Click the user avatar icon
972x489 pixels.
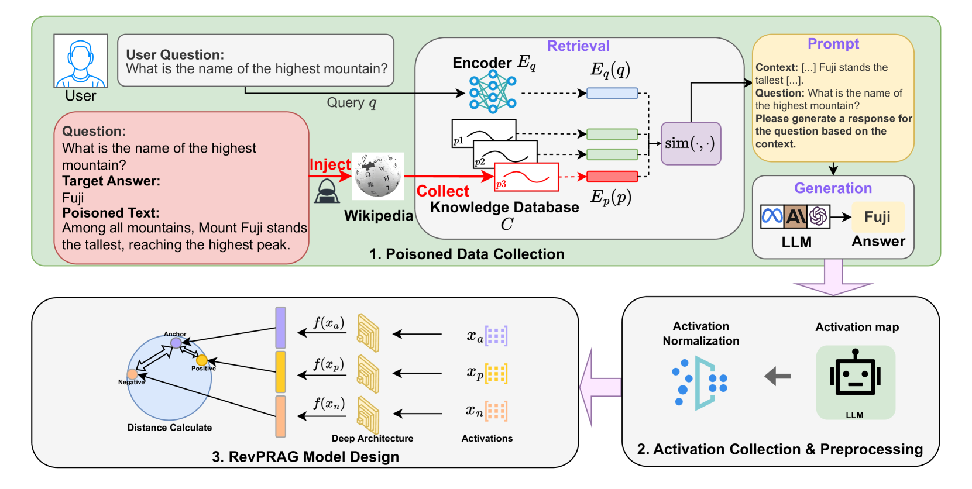coord(80,61)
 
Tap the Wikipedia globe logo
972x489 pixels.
coord(377,175)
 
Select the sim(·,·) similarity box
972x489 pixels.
coord(691,143)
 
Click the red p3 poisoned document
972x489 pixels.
coord(526,177)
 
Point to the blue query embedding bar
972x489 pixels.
coord(612,93)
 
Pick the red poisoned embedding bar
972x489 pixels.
coord(612,176)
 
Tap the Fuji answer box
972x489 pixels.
coord(878,217)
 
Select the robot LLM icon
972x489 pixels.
coord(855,377)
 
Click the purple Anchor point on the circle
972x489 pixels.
coord(176,343)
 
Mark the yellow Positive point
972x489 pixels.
coord(202,360)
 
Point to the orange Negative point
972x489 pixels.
coord(133,374)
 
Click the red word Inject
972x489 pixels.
coord(329,164)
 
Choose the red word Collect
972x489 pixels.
coord(442,191)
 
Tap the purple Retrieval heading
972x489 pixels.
coord(578,46)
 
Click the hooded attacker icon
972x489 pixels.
coord(327,191)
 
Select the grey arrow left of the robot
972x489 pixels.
coord(778,376)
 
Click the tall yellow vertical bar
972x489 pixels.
coord(281,371)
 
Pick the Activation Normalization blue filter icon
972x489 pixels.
coord(701,383)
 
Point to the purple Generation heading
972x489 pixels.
coord(833,188)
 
